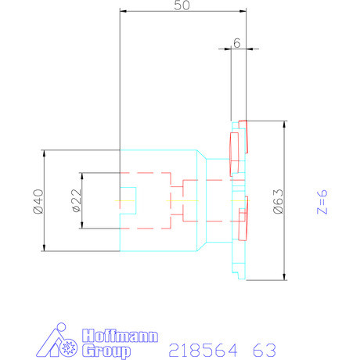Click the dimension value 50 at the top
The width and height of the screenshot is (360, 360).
(182, 6)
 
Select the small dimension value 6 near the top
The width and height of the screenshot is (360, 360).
(236, 44)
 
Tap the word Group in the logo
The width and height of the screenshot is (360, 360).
(105, 350)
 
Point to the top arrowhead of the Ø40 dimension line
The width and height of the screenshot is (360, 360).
(44, 153)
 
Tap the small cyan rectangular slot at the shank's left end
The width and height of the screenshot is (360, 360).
(128, 200)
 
